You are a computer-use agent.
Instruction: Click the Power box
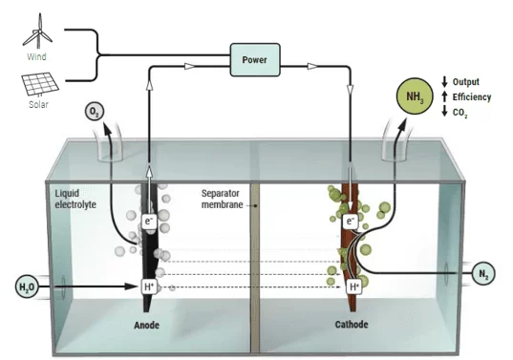coord(255,60)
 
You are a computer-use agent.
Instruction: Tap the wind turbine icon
coord(38,32)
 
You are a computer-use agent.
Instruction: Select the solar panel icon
coord(40,84)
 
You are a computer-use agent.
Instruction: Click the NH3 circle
coord(415,96)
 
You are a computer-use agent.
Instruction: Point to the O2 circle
coord(95,112)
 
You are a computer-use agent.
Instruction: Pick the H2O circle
coord(27,286)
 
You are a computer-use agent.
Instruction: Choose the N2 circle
coord(483,273)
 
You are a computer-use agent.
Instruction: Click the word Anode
coord(146,325)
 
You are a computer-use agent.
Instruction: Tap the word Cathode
coord(352,325)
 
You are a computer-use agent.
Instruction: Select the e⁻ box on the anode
coord(149,222)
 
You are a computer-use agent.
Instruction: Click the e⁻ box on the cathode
coord(351,222)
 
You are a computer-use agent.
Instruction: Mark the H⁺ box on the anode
coord(149,286)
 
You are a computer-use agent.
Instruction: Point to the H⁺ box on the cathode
coord(354,286)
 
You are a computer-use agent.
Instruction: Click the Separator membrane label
coord(223,199)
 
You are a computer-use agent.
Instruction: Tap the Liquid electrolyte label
coord(75,199)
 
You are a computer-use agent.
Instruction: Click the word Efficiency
coord(472,97)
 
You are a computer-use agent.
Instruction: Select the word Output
coord(466,82)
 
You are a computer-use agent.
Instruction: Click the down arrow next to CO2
coord(444,111)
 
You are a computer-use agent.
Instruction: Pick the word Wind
coord(36,56)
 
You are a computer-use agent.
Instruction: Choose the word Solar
coord(38,104)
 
